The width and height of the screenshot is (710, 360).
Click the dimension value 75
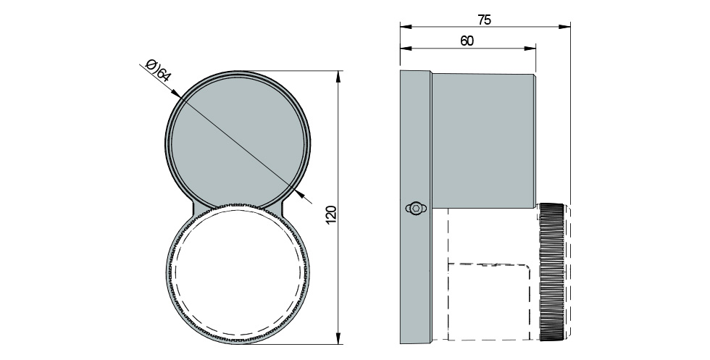point(485,20)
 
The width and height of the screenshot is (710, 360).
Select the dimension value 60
point(467,41)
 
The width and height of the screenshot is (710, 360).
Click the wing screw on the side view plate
point(415,209)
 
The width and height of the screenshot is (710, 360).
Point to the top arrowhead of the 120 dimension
point(339,76)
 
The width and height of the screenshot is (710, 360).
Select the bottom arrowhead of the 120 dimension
point(339,338)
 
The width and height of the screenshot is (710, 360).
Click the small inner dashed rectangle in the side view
point(493,301)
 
